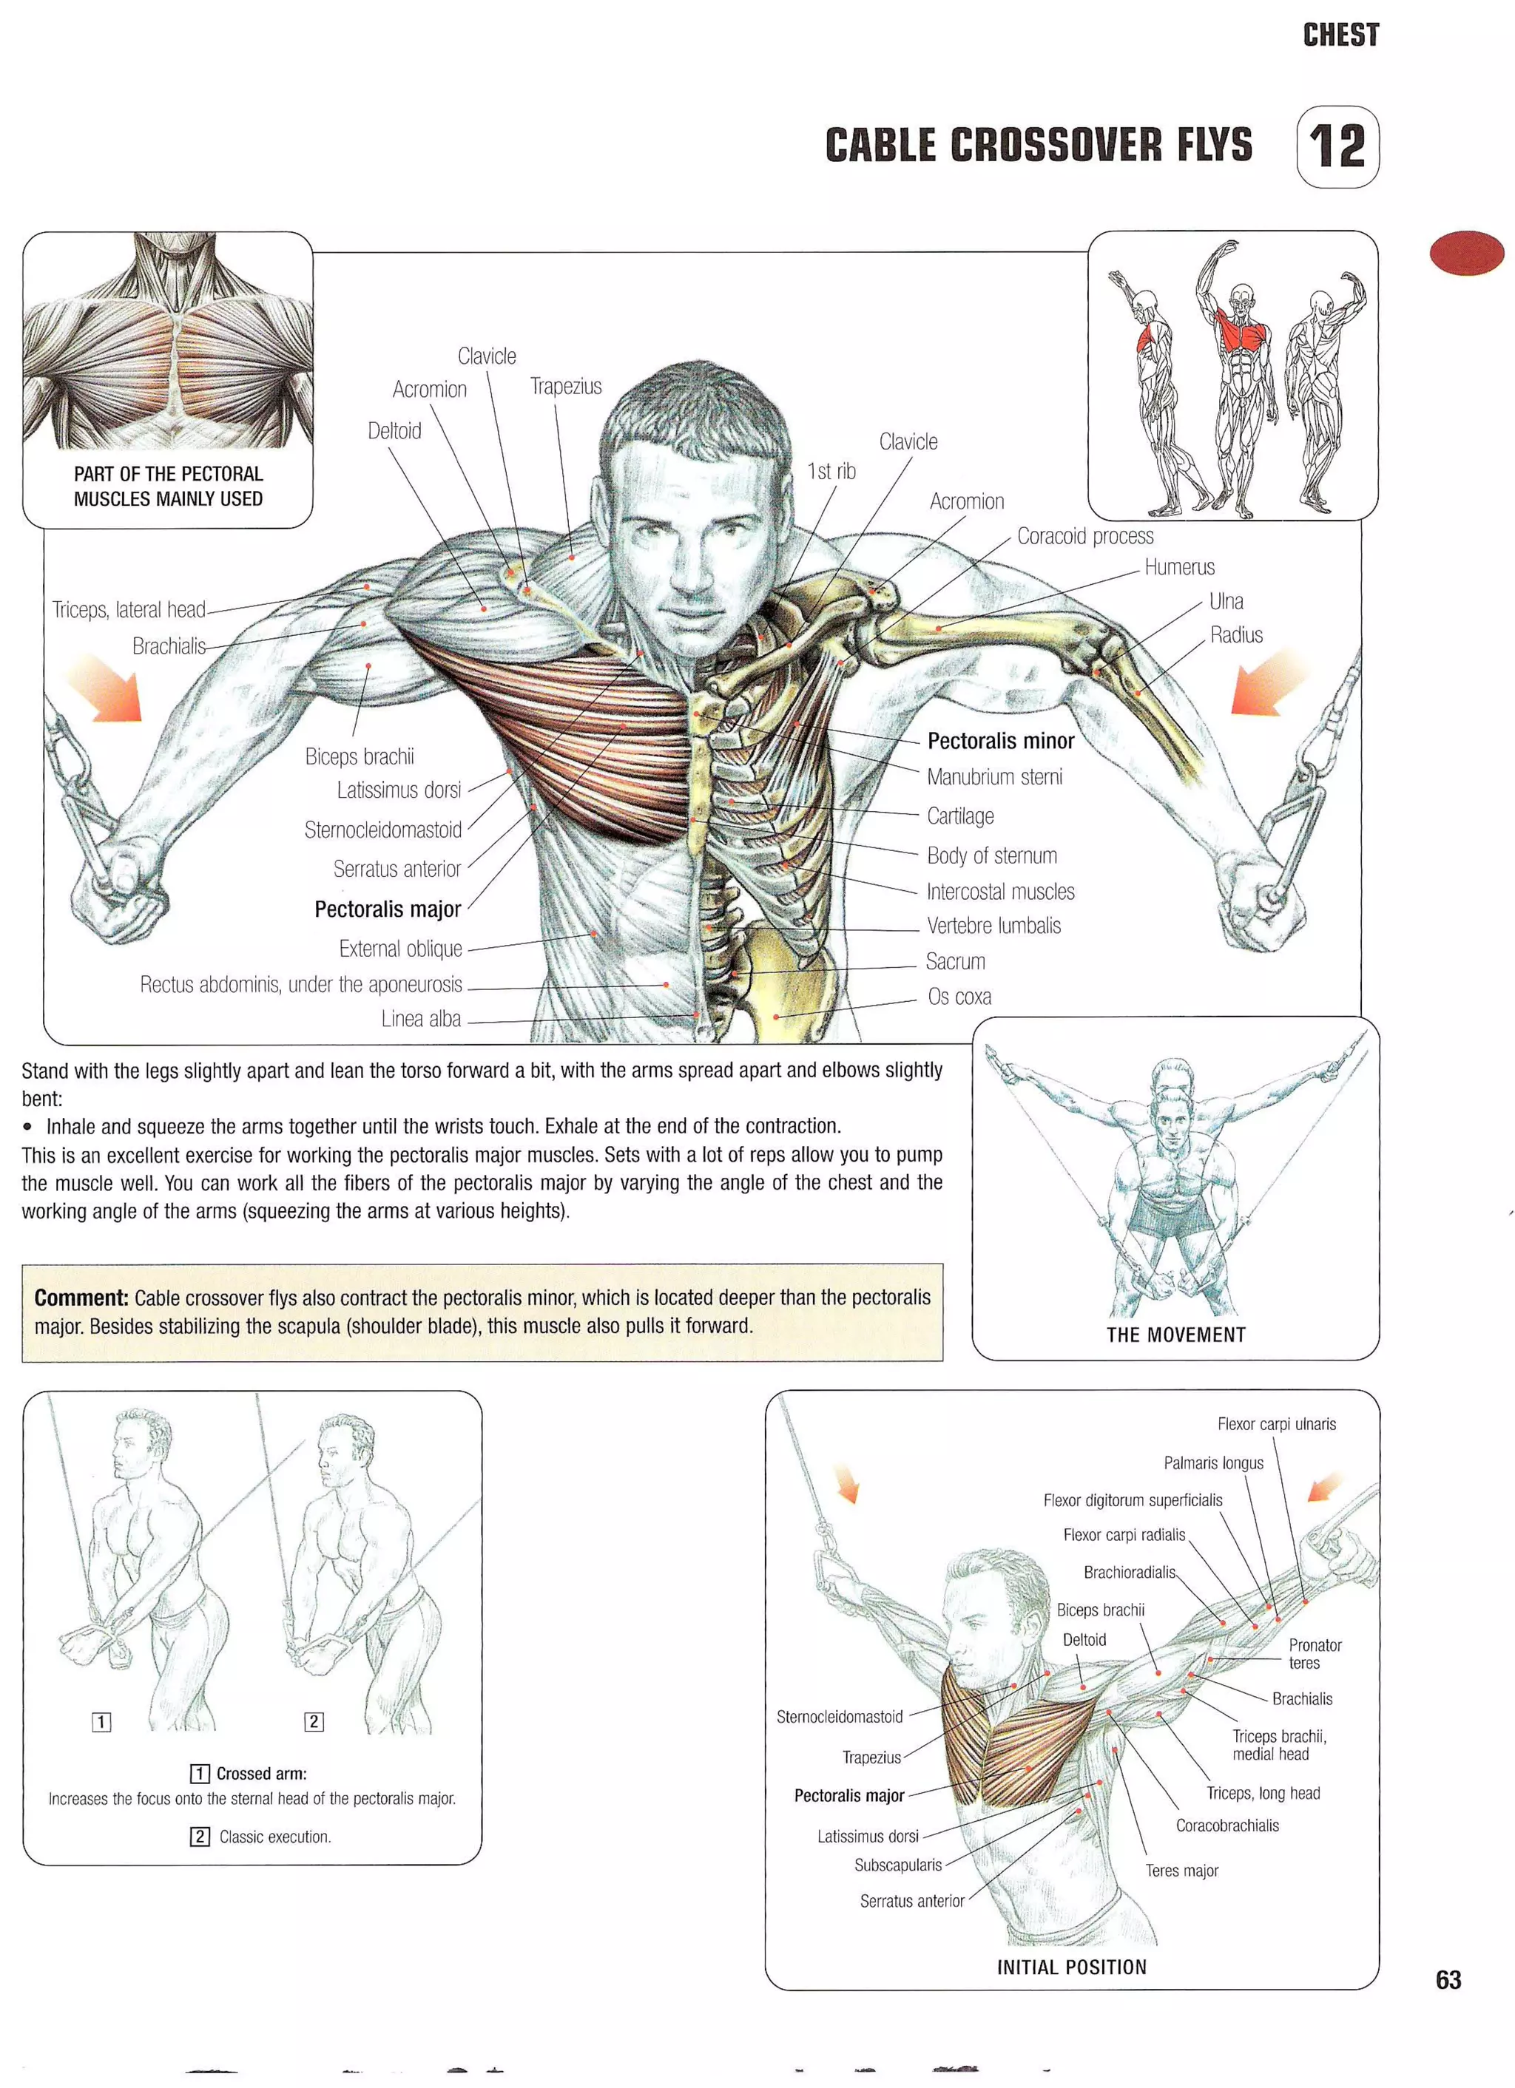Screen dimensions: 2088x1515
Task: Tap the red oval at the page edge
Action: click(1466, 253)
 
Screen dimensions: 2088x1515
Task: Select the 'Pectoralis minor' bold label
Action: click(1000, 741)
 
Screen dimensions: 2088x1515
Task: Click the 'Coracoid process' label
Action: click(1085, 536)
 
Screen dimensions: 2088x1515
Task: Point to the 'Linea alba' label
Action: click(421, 1019)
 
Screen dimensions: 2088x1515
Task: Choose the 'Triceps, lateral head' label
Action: click(129, 609)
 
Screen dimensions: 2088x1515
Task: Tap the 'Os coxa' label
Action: click(959, 996)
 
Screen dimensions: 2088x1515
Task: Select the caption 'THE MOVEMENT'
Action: click(1175, 1335)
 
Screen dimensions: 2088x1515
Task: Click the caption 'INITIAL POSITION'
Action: click(1071, 1967)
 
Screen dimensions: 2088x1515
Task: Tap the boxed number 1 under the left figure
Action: click(101, 1721)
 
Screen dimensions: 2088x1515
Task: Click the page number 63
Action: click(1448, 1979)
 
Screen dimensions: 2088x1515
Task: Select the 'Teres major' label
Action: click(1181, 1871)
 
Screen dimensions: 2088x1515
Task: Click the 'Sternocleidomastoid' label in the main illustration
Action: click(383, 830)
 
